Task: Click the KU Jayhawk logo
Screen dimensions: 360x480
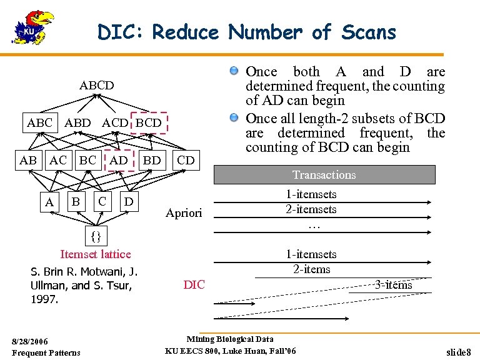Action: click(x=32, y=29)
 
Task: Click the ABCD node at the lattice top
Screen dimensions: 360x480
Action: click(x=97, y=85)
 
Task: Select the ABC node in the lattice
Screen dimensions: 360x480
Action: click(x=40, y=123)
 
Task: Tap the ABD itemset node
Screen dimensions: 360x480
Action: click(x=77, y=123)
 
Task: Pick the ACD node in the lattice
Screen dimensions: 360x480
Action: click(x=115, y=123)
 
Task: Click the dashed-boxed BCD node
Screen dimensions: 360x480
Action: click(x=149, y=123)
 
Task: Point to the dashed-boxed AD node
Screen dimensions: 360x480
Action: click(x=119, y=160)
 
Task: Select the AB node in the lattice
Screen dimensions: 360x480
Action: click(x=28, y=160)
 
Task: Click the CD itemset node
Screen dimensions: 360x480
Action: click(x=186, y=160)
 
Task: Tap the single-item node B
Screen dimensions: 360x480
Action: click(x=76, y=201)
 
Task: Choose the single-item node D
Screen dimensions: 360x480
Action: click(x=128, y=201)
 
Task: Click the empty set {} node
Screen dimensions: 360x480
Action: click(x=95, y=236)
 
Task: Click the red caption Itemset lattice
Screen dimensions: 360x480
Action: click(x=96, y=254)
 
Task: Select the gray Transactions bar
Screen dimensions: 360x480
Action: click(x=324, y=175)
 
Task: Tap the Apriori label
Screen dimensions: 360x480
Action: click(x=184, y=213)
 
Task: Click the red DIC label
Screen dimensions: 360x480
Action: click(x=194, y=285)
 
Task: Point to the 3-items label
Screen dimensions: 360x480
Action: click(x=393, y=285)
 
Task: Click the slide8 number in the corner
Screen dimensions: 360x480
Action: click(x=459, y=352)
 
